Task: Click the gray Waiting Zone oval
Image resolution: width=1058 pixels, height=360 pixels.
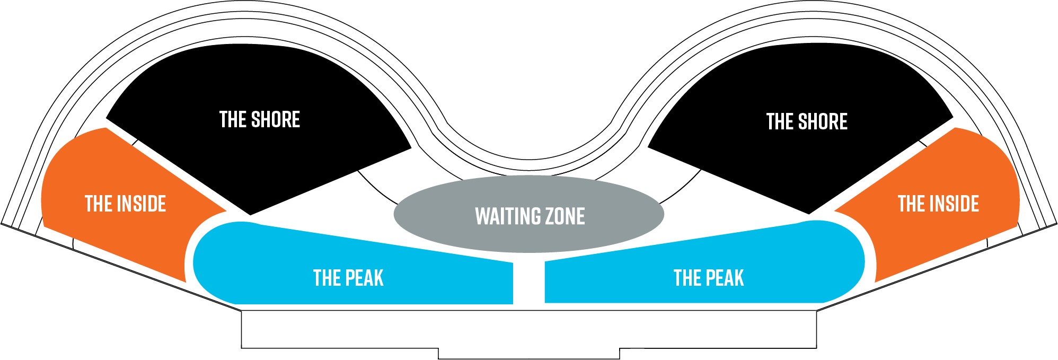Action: (529, 191)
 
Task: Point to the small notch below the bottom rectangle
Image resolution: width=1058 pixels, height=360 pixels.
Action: (528, 354)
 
